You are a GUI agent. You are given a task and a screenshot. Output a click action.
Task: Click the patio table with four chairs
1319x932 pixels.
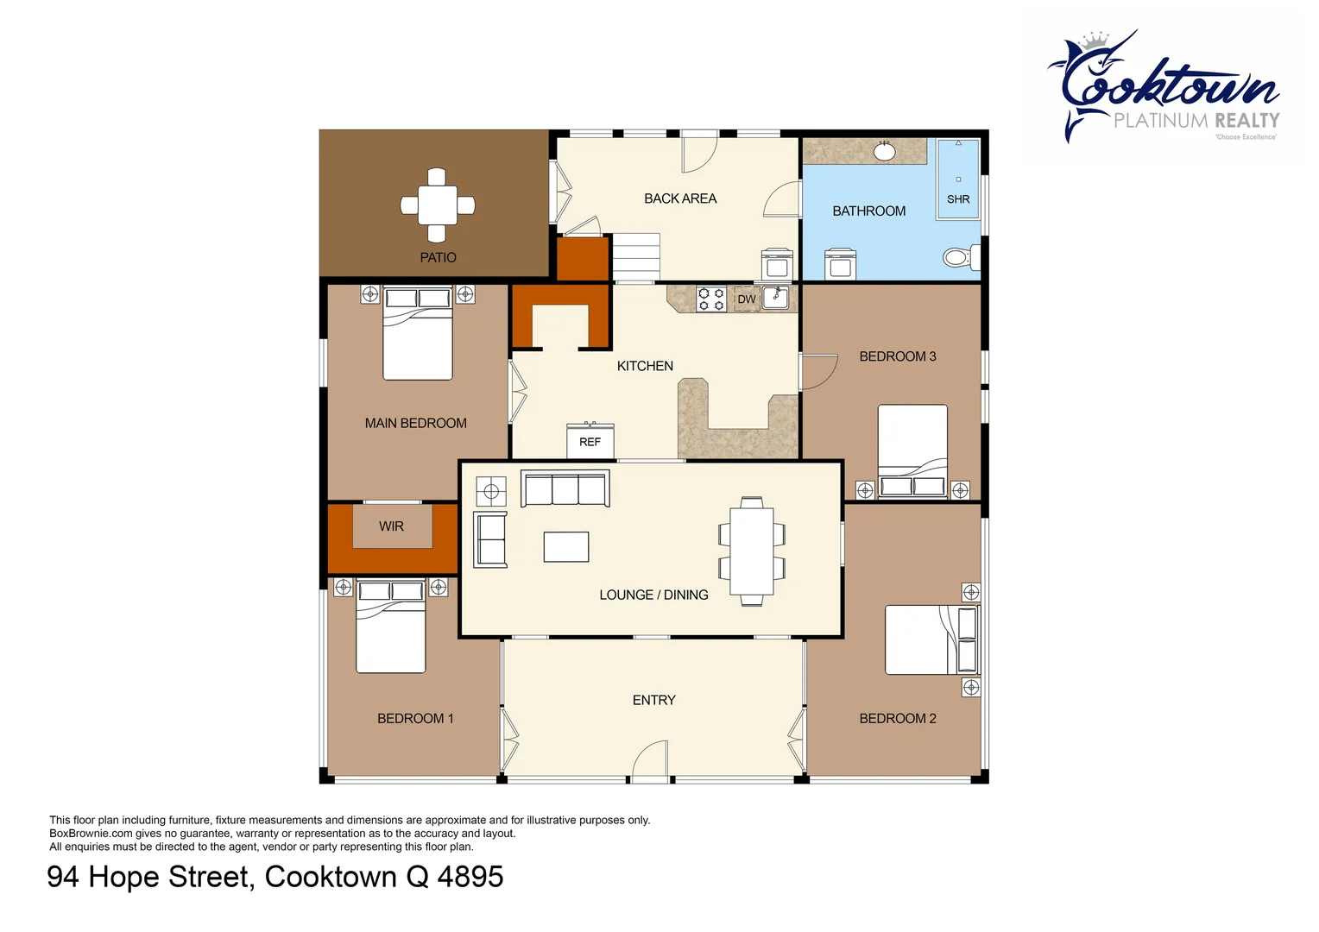[x=438, y=205]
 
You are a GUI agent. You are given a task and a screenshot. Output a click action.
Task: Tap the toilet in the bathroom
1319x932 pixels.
[x=958, y=257]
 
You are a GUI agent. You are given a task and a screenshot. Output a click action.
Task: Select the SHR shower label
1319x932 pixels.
[x=958, y=199]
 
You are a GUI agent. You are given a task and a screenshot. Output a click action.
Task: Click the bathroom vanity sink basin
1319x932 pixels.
[x=884, y=152]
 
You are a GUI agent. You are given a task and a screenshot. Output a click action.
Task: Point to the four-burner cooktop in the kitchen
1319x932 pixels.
[x=711, y=299]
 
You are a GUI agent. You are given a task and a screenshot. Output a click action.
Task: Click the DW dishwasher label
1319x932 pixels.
[x=747, y=299]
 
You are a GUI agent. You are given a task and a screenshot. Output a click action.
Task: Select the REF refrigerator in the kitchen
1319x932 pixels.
[x=590, y=441]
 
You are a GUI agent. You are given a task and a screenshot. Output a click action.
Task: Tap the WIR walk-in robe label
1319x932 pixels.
[x=391, y=526]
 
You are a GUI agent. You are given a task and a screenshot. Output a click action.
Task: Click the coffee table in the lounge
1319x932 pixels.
[x=566, y=547]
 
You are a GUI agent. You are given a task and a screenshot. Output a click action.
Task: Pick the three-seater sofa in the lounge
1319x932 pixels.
[x=565, y=488]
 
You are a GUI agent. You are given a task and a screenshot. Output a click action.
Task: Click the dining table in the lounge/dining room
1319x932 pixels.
[x=752, y=551]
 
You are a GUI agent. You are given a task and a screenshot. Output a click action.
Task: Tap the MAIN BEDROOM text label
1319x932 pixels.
[x=415, y=423]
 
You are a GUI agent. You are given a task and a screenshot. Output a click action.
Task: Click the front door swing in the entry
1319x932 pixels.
[x=652, y=761]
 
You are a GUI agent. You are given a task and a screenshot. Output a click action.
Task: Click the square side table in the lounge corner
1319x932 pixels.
[x=492, y=492]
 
